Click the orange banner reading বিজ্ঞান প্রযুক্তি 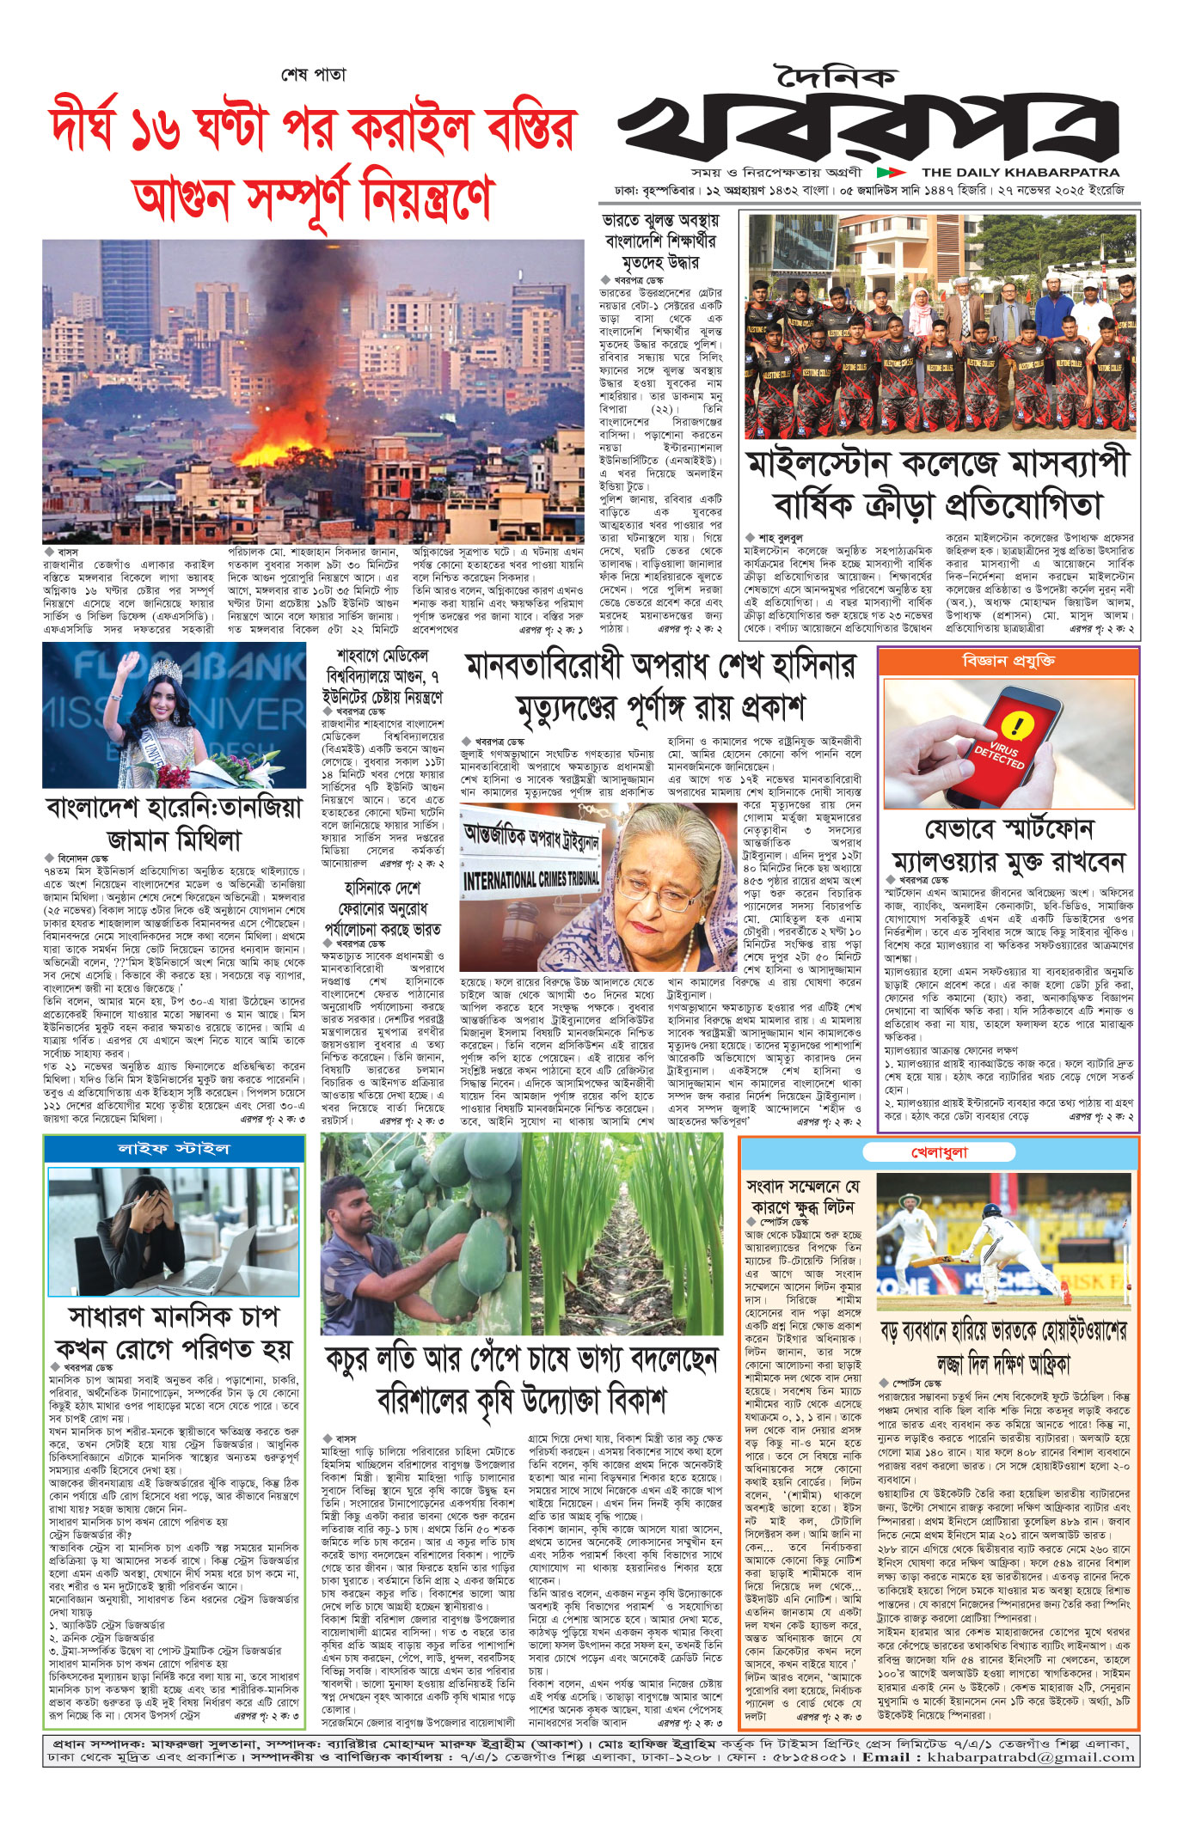(1008, 661)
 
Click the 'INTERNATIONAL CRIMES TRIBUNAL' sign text (530, 879)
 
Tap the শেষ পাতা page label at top (313, 75)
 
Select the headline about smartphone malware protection (1008, 846)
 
